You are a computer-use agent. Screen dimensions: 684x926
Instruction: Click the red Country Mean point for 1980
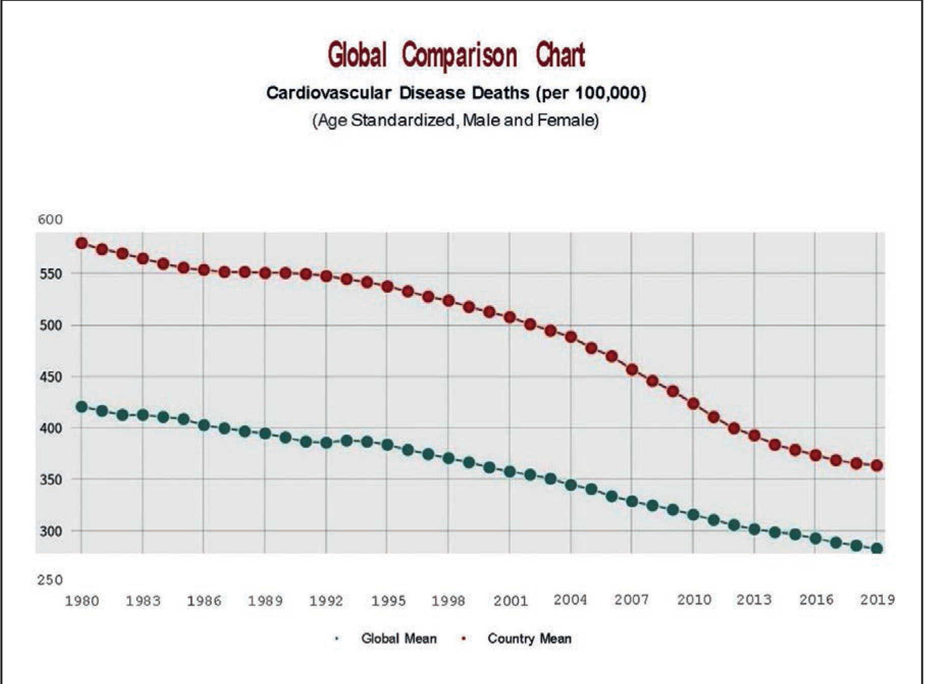[81, 243]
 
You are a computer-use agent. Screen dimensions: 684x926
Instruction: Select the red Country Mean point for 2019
[877, 465]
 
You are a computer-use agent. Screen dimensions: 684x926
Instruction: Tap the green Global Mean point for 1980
[81, 406]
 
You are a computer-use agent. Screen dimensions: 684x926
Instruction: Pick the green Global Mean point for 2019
[877, 549]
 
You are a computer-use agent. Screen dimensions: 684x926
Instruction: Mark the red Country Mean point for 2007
[632, 370]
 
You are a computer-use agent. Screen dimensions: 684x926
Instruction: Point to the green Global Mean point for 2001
[510, 472]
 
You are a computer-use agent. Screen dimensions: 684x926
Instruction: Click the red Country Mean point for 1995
[387, 286]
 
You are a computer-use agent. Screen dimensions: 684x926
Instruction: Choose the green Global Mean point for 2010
[693, 514]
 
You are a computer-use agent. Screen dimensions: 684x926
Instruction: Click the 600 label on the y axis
[50, 220]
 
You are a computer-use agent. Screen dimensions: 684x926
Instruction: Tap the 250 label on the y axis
[50, 580]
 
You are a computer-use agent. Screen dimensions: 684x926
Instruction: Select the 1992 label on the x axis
[326, 600]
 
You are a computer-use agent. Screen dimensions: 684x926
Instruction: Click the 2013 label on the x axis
[754, 599]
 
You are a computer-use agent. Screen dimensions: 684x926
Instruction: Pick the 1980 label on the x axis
[81, 601]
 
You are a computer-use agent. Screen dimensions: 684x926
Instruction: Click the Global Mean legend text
[399, 639]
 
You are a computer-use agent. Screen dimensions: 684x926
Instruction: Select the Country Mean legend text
[529, 639]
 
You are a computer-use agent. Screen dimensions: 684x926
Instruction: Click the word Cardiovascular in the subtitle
[329, 93]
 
